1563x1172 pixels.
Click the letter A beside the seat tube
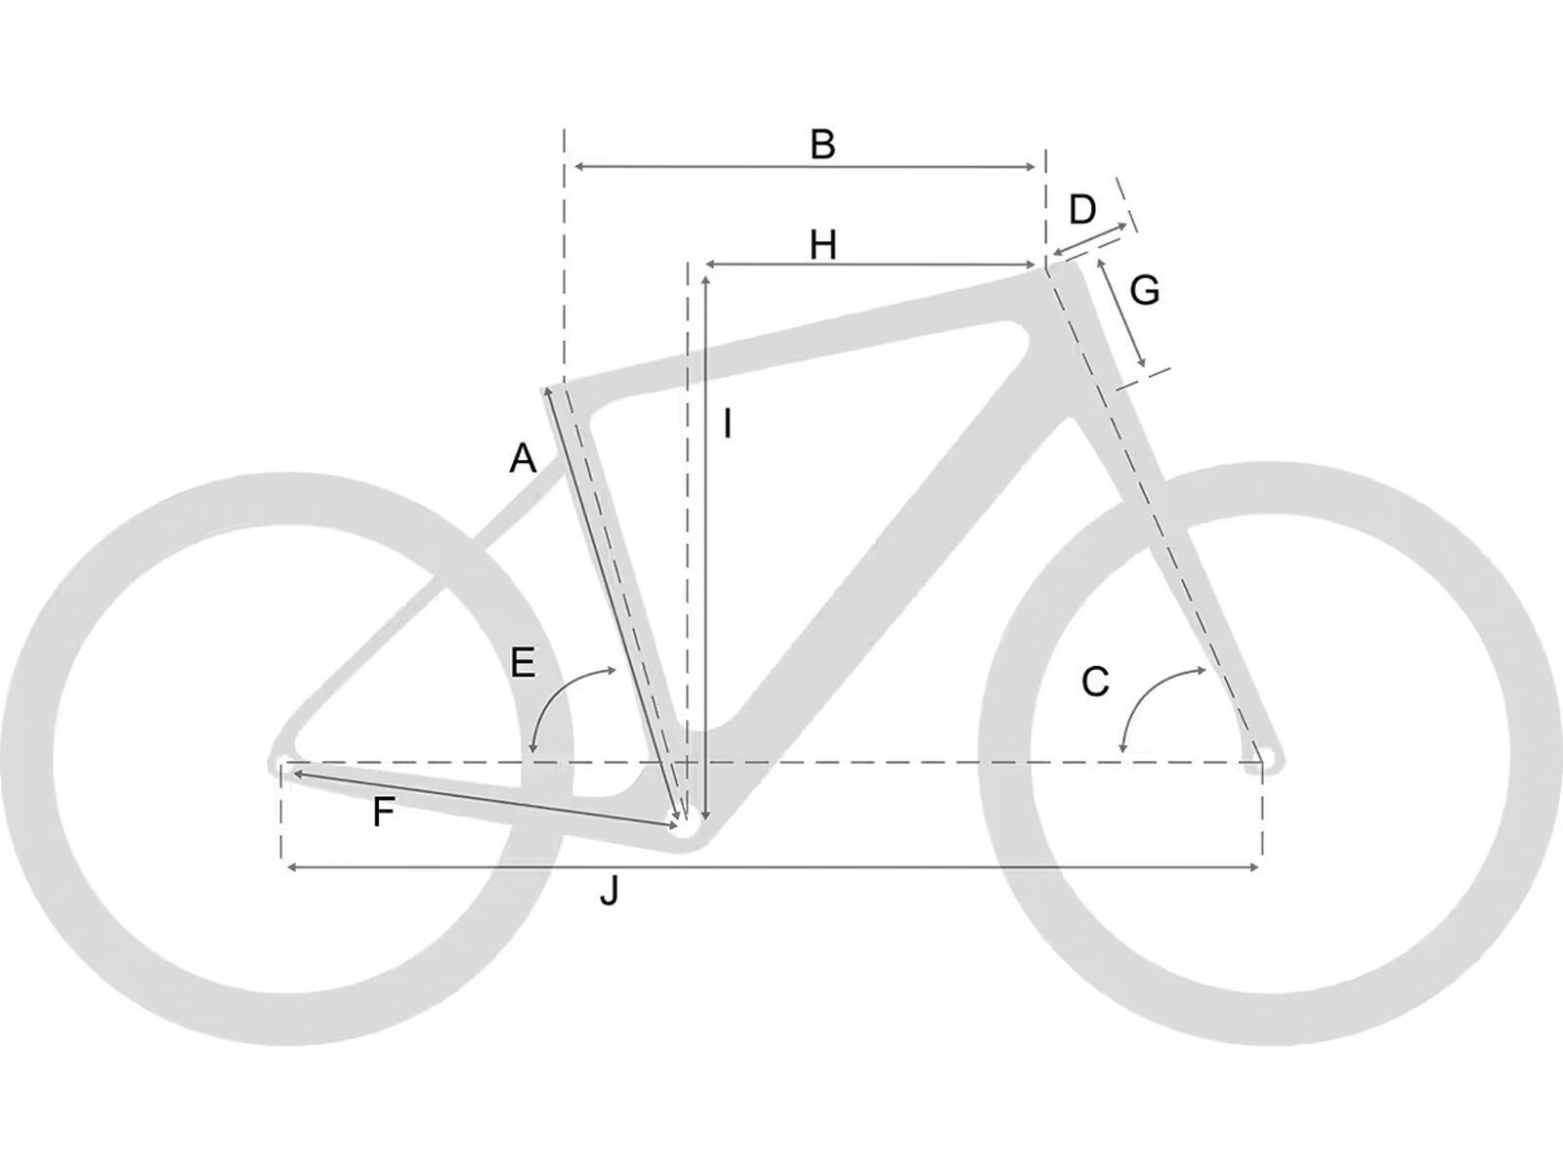point(523,458)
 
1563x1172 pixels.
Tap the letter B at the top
point(823,145)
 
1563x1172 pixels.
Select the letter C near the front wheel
point(1095,682)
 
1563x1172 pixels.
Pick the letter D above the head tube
point(1082,209)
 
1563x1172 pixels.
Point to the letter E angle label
point(523,663)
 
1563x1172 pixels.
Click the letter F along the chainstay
point(384,812)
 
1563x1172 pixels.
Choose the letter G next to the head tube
point(1144,290)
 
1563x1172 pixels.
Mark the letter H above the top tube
point(823,245)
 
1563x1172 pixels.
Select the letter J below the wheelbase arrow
point(609,891)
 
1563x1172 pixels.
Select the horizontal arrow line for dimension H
point(869,265)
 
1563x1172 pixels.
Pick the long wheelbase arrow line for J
point(772,866)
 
